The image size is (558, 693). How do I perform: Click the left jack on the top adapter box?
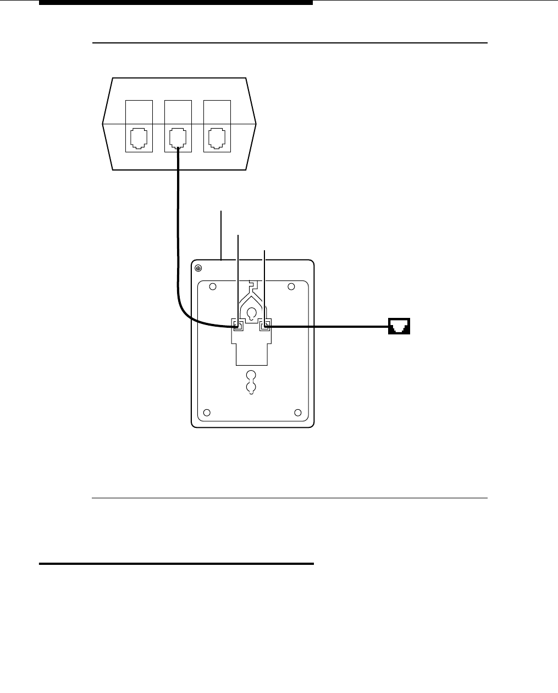tap(139, 139)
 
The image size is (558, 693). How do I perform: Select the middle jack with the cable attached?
tap(178, 139)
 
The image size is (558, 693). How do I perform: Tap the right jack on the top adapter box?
tap(217, 139)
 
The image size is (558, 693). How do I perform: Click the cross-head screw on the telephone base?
tap(199, 268)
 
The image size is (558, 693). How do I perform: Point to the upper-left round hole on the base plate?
tap(214, 287)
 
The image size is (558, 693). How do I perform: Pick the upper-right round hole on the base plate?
tap(291, 287)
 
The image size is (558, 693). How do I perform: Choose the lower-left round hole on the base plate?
tap(207, 413)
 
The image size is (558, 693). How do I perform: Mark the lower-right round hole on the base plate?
tap(298, 413)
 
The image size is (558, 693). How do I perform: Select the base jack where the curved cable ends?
tap(238, 326)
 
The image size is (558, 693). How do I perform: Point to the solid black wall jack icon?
tap(400, 327)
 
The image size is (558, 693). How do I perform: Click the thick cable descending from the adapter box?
tap(178, 231)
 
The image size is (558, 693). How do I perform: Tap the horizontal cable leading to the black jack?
tap(330, 327)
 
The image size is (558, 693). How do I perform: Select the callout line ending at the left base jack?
tap(238, 275)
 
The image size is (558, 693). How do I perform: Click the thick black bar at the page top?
tap(176, 2)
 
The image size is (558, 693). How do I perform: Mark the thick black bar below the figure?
tap(176, 564)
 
